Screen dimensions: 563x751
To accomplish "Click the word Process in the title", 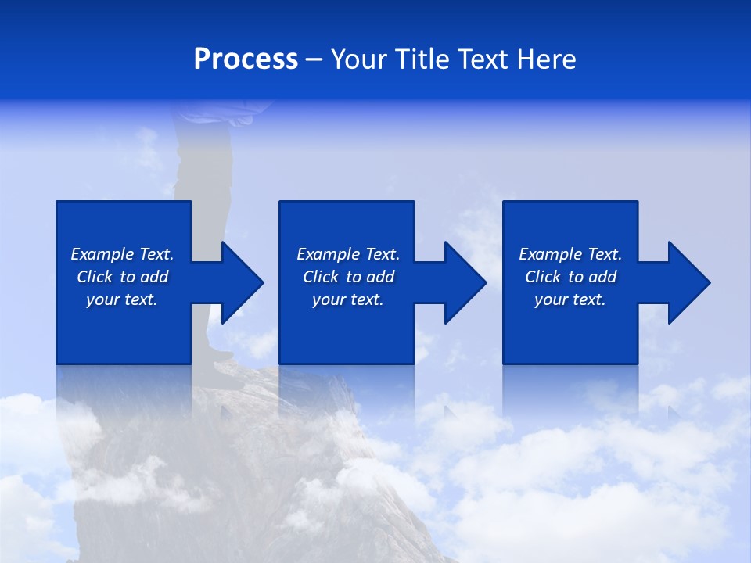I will (246, 59).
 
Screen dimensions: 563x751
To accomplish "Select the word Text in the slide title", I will (482, 59).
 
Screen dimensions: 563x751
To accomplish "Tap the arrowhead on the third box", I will (688, 282).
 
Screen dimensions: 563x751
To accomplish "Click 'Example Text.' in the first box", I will (122, 254).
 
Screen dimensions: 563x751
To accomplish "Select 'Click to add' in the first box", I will (122, 277).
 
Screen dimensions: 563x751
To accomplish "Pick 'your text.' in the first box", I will (122, 299).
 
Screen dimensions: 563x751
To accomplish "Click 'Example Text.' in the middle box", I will (348, 254).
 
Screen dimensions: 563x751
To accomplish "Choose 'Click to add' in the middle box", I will (348, 277).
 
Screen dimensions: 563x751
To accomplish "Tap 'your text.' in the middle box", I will (348, 299).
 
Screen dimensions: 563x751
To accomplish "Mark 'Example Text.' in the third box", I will (570, 254).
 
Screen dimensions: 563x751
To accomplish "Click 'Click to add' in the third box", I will (570, 277).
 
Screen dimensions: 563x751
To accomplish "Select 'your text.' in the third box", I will (570, 299).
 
